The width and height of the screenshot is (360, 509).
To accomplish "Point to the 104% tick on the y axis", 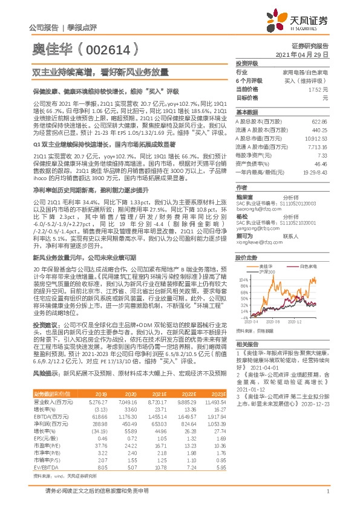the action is [x=243, y=263].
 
